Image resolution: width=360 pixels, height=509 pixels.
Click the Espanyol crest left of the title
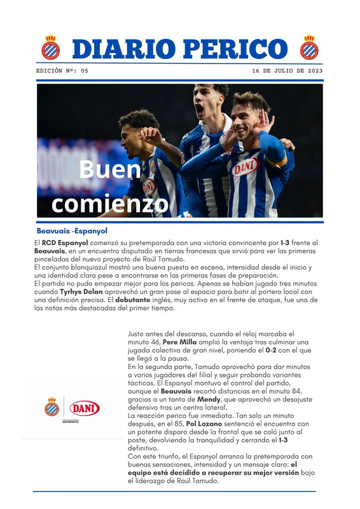coord(50,46)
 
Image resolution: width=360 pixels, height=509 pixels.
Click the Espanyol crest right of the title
coord(310,46)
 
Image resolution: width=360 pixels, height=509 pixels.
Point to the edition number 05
coord(85,71)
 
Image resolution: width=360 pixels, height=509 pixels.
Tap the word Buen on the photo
coord(109,170)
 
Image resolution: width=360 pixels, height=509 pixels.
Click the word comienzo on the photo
coord(110,204)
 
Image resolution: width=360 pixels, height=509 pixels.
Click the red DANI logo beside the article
coord(85,408)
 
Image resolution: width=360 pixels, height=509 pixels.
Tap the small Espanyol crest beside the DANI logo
coord(52,407)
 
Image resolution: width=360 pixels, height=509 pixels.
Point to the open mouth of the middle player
coord(199,109)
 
